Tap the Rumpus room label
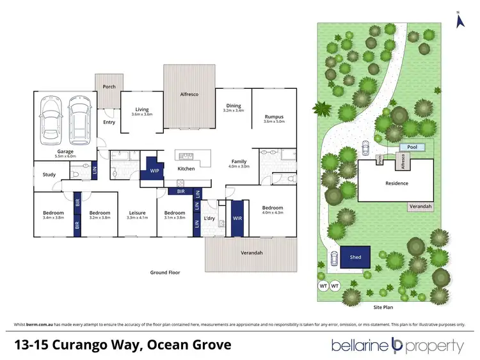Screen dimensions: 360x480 [x=274, y=117]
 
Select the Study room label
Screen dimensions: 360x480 [x=49, y=174]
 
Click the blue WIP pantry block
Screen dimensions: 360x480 [x=154, y=171]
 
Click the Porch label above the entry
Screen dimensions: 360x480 [x=109, y=86]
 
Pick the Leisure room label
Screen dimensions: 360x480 [x=138, y=213]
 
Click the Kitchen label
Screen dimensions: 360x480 [x=186, y=169]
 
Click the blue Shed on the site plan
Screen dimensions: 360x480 [x=355, y=258]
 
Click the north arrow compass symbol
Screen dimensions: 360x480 [x=458, y=20]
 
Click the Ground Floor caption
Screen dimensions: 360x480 [x=165, y=272]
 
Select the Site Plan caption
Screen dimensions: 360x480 [x=382, y=307]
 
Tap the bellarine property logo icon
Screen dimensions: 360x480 [x=397, y=347]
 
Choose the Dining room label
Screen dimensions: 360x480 [x=233, y=106]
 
